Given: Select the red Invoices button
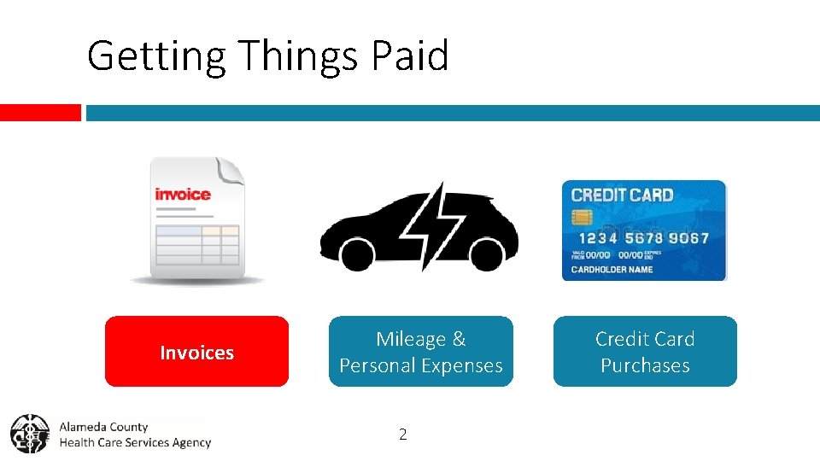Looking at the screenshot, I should (x=196, y=352).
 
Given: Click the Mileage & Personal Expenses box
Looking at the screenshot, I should (x=421, y=352).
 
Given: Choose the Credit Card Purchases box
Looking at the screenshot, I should (x=645, y=352).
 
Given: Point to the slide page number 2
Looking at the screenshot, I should (x=403, y=435).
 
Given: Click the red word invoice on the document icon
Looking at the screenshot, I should (x=183, y=195).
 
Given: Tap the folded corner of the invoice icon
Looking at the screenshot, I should (x=230, y=170).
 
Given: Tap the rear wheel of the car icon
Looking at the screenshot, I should (x=357, y=254).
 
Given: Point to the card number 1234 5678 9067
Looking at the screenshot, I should (x=644, y=238).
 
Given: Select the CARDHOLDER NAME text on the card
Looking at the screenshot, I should (x=612, y=270).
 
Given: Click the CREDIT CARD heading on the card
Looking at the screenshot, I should (x=622, y=195).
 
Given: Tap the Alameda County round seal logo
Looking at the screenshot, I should (x=30, y=434).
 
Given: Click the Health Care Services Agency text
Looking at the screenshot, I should (x=135, y=442).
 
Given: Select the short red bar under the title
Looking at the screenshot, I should (x=40, y=113).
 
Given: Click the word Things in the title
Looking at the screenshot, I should (x=298, y=56).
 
